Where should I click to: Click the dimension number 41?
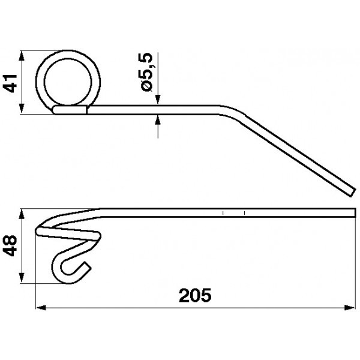pyautogui.click(x=10, y=83)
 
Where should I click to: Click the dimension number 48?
pyautogui.click(x=10, y=245)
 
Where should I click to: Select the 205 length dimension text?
pyautogui.click(x=195, y=295)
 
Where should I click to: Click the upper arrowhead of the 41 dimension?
pyautogui.click(x=22, y=56)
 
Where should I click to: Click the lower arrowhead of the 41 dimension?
pyautogui.click(x=22, y=109)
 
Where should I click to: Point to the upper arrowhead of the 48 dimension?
pyautogui.click(x=22, y=214)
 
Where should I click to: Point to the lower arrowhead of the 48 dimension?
pyautogui.click(x=22, y=278)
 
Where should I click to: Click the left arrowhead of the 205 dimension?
pyautogui.click(x=41, y=307)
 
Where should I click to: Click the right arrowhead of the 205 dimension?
pyautogui.click(x=350, y=307)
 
